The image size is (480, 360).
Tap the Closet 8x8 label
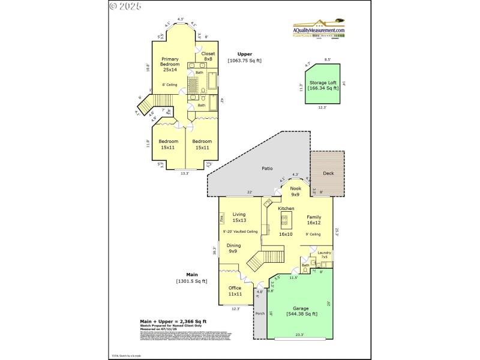(208, 56)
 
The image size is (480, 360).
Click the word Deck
(328, 173)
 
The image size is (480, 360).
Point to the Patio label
(267, 169)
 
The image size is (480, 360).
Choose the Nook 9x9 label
(295, 191)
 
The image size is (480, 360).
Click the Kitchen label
(286, 208)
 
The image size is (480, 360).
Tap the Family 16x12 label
(314, 220)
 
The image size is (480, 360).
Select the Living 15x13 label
(239, 217)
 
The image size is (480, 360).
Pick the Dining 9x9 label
(233, 248)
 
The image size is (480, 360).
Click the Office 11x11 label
(235, 291)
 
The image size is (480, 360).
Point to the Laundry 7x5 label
(325, 255)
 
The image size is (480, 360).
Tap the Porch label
(260, 313)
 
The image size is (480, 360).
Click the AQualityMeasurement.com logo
(319, 30)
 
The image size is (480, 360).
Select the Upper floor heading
(244, 54)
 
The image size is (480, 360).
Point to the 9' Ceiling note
(313, 234)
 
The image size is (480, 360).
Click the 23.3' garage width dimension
(299, 334)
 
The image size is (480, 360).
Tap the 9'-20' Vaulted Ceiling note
(240, 232)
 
